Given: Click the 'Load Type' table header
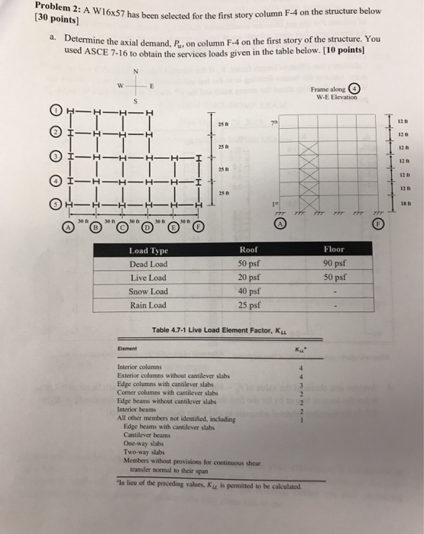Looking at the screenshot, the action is [x=149, y=250].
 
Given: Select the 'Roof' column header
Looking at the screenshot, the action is [x=249, y=249].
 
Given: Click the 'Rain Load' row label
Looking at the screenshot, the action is [x=148, y=306].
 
